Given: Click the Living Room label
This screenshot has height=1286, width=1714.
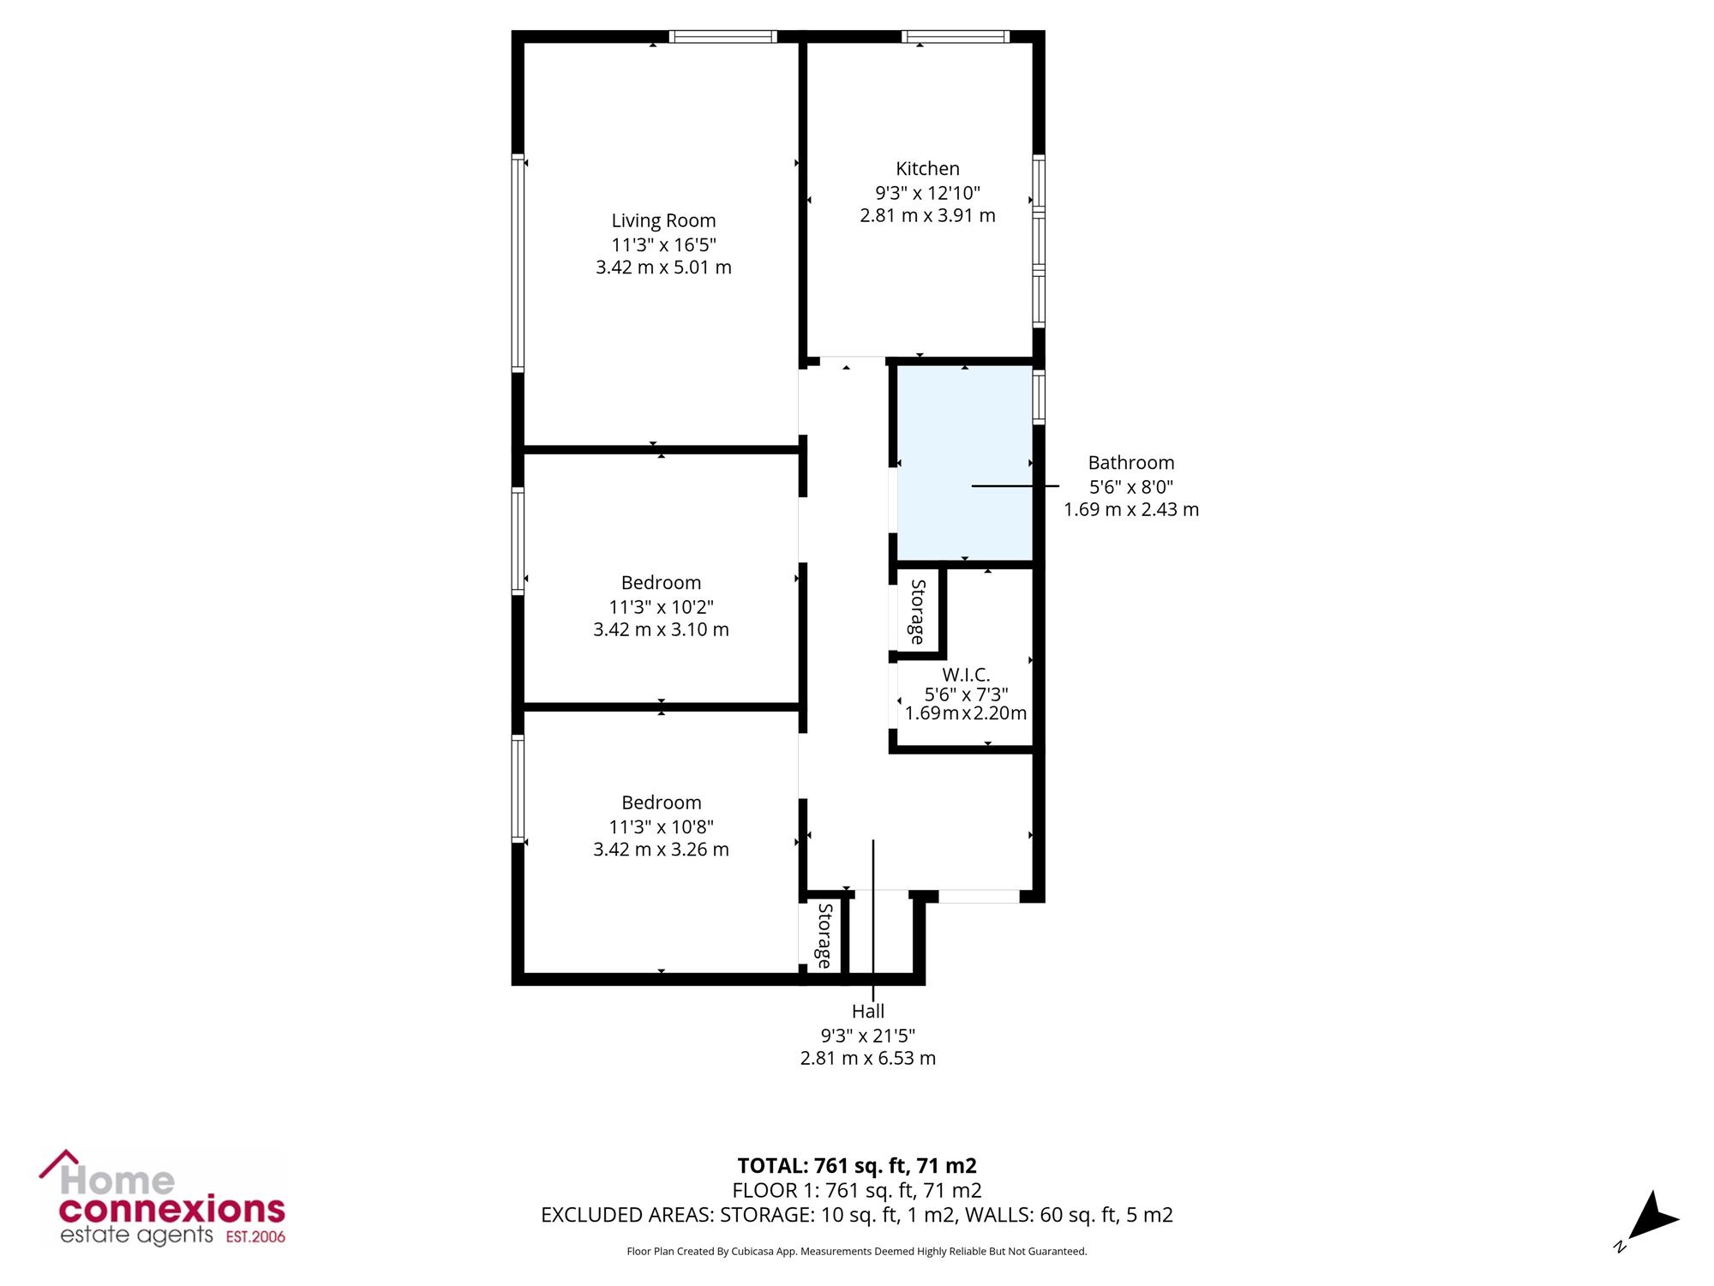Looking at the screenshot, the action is point(663,221).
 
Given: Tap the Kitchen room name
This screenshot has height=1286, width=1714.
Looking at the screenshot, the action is point(927,169).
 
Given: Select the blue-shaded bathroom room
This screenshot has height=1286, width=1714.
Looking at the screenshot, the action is point(964,463).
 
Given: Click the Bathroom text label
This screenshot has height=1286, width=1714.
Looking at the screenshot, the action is point(1131,463).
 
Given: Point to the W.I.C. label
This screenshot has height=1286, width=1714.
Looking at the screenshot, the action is point(966,675).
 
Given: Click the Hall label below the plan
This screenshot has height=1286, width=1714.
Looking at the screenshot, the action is point(868,1012).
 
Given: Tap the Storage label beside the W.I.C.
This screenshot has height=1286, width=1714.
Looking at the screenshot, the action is point(917,612).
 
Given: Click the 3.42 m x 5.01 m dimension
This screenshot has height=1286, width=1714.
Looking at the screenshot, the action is point(663,267).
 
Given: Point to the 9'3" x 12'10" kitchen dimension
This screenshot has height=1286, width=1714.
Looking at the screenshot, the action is point(927,193).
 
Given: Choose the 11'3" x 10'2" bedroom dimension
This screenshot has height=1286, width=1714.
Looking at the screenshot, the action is point(661,607).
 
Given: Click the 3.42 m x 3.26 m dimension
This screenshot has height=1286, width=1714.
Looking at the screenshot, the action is point(661,850).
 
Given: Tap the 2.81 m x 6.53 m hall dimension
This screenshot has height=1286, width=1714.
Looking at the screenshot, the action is point(868,1058).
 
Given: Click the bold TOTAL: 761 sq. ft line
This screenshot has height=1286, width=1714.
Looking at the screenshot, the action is point(857,1166).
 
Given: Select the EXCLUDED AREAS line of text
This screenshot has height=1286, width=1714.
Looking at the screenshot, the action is point(857,1215).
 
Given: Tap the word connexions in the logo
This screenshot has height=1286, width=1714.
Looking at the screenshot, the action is point(171,1210).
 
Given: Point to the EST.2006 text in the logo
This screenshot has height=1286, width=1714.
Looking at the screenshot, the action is point(255,1237).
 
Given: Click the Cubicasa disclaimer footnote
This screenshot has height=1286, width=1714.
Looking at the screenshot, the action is point(857,1252).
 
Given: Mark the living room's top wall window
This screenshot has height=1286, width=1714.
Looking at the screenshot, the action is point(722,36).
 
